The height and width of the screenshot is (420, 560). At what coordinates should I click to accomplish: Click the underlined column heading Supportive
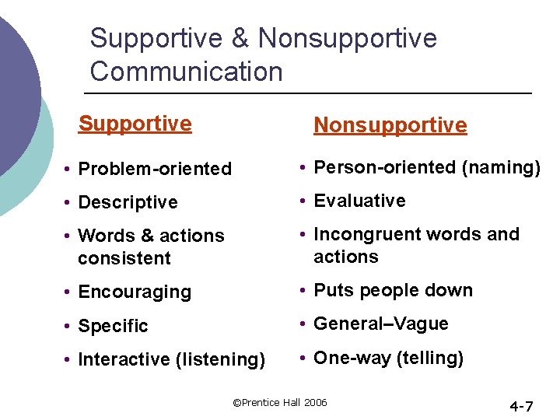point(135,124)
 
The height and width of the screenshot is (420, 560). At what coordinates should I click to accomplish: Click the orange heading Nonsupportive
point(390,125)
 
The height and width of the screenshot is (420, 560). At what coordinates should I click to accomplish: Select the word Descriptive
point(128,202)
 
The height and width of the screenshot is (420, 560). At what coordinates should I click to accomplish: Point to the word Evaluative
point(359,201)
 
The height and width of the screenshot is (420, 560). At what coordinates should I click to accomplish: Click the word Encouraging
point(135,292)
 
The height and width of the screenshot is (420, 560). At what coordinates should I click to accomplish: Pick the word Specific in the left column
point(113,326)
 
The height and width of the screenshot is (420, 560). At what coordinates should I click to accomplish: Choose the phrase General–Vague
point(381,324)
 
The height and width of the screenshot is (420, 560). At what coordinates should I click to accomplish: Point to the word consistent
point(124,257)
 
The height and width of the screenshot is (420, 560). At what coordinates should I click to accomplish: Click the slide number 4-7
point(520,406)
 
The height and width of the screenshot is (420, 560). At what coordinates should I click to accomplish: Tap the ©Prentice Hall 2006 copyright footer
point(280,402)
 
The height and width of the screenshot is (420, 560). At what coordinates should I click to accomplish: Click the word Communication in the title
point(186,72)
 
